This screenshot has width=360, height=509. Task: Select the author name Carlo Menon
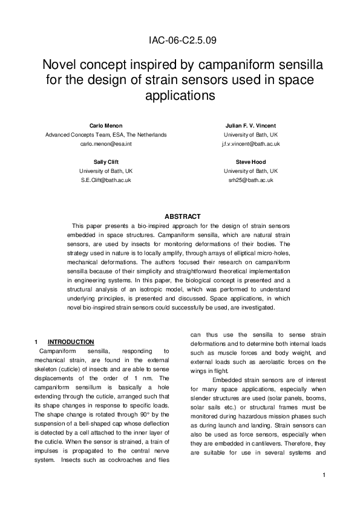coord(106,125)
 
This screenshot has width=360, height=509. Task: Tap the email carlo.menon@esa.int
coord(106,144)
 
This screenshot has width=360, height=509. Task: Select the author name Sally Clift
coord(106,162)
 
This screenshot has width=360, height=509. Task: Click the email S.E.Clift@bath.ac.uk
coord(106,181)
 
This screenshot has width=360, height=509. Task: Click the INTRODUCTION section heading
coord(71,342)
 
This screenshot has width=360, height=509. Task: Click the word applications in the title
coord(180,96)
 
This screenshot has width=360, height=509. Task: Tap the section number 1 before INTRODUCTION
coord(37,342)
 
